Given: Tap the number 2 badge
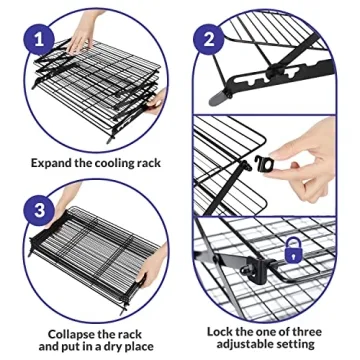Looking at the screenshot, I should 210,40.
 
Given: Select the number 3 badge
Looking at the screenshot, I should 40,211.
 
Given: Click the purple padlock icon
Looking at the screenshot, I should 294,251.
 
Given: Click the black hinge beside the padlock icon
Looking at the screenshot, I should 252,268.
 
